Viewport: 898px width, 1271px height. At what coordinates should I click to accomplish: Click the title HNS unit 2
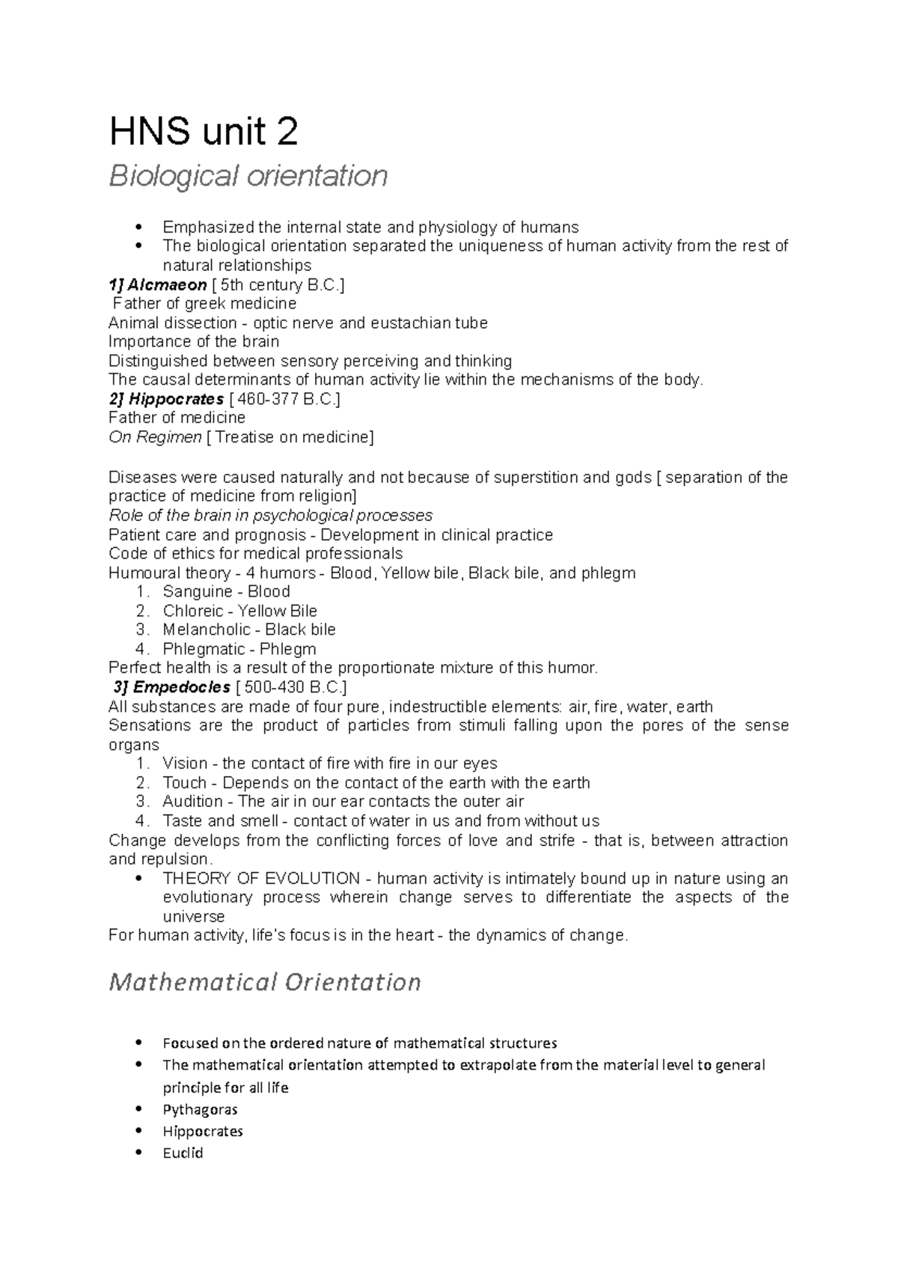tap(204, 132)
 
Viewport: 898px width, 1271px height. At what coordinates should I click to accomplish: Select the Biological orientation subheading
tap(248, 177)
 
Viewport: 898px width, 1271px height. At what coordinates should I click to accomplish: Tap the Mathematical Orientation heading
tap(265, 981)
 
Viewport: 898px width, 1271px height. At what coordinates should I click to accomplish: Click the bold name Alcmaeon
tap(166, 284)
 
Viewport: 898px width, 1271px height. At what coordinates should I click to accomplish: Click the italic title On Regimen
tap(155, 437)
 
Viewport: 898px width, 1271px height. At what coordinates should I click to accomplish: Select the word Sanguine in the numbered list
tap(192, 591)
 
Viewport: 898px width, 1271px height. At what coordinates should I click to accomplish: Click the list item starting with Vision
tap(329, 763)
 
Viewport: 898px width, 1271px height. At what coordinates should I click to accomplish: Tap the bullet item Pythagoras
tap(200, 1109)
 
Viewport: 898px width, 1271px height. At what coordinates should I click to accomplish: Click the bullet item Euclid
tap(183, 1153)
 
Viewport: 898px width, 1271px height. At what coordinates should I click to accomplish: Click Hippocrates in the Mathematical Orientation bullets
tap(202, 1131)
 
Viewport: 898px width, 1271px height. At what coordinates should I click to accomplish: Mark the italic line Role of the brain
tap(270, 515)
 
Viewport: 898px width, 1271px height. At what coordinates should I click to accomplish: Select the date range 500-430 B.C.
tap(290, 687)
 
